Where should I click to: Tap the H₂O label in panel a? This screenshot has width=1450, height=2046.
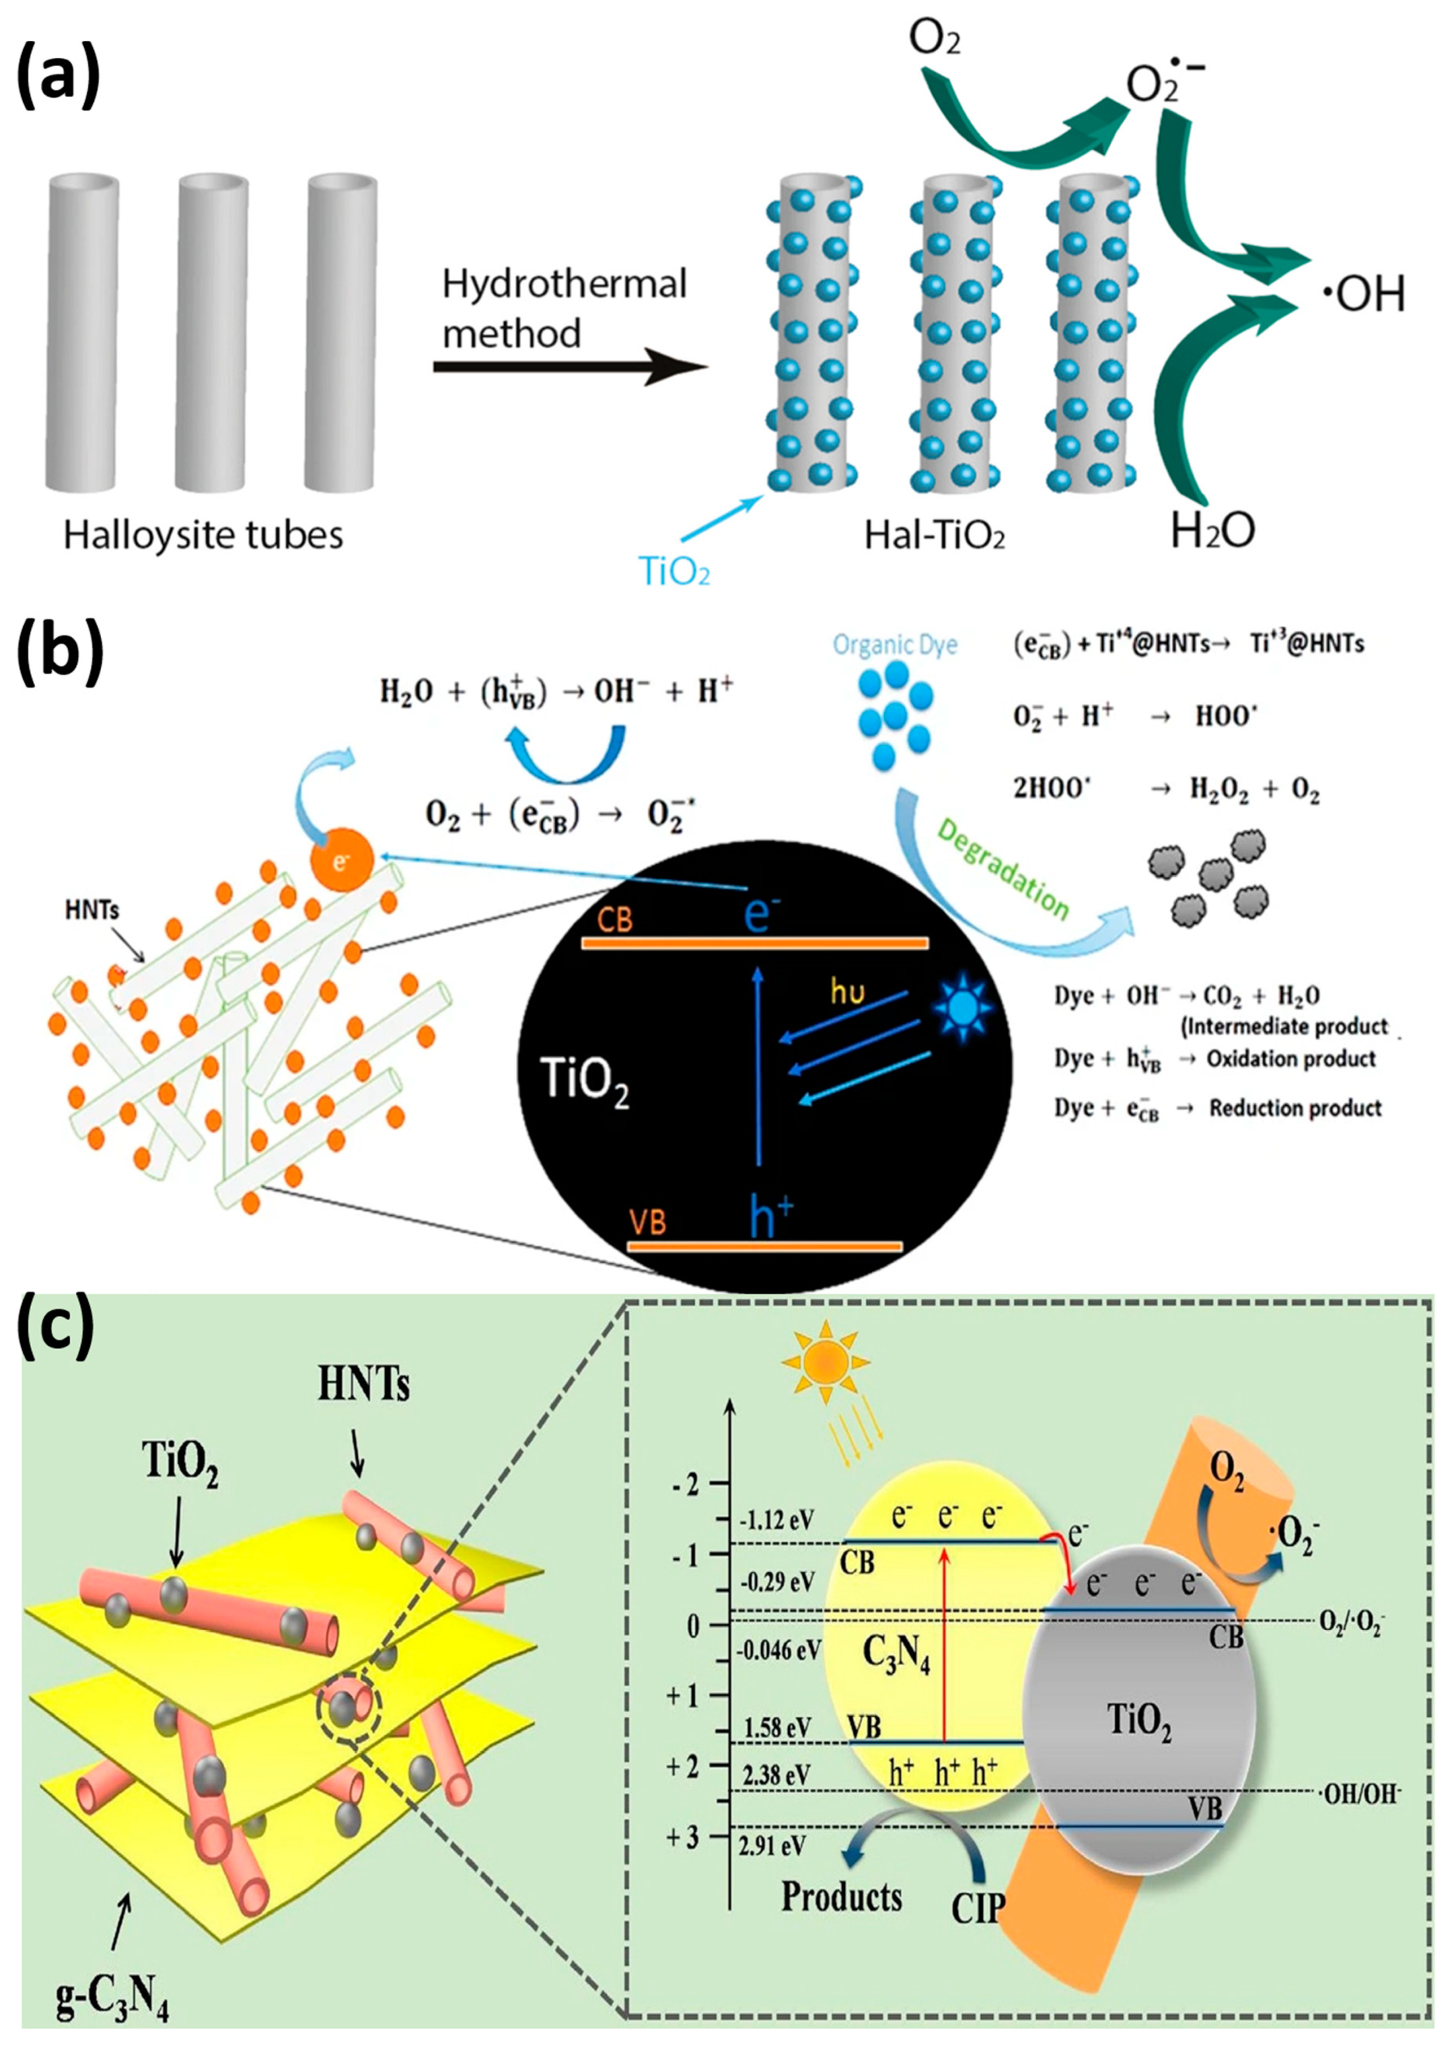1213,530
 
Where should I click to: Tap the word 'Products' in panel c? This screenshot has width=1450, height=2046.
841,1896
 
